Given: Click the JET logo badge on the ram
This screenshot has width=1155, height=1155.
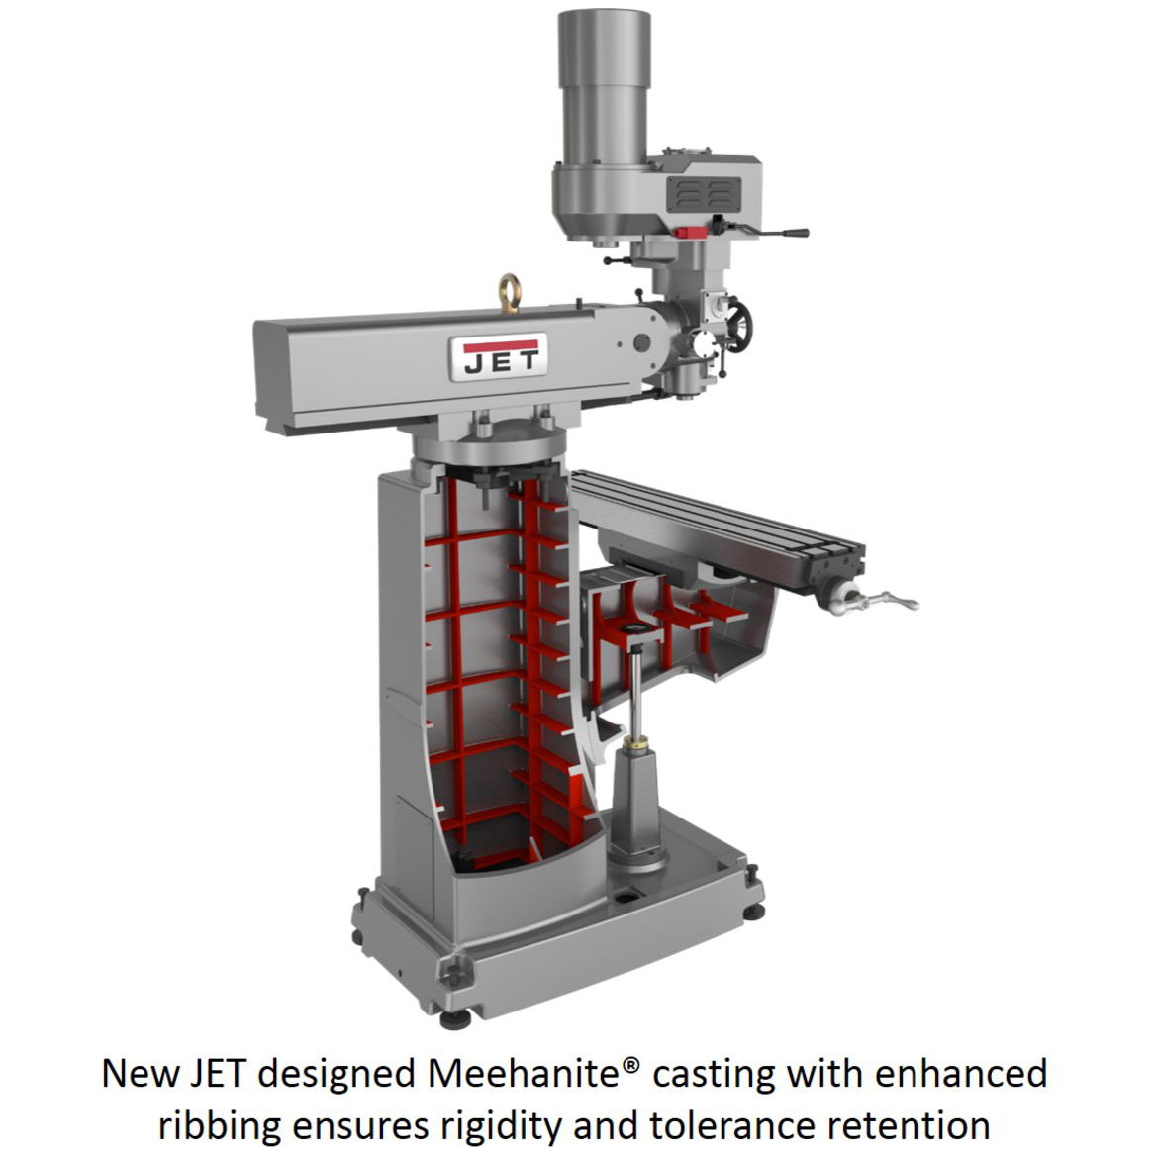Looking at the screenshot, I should (499, 357).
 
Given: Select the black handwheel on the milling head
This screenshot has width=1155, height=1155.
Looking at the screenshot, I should (735, 326).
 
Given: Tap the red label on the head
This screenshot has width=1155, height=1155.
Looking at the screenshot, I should (691, 232).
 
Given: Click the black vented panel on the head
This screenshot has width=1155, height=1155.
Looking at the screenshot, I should (704, 193).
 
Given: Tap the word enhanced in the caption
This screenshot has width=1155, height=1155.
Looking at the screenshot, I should (962, 1073).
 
